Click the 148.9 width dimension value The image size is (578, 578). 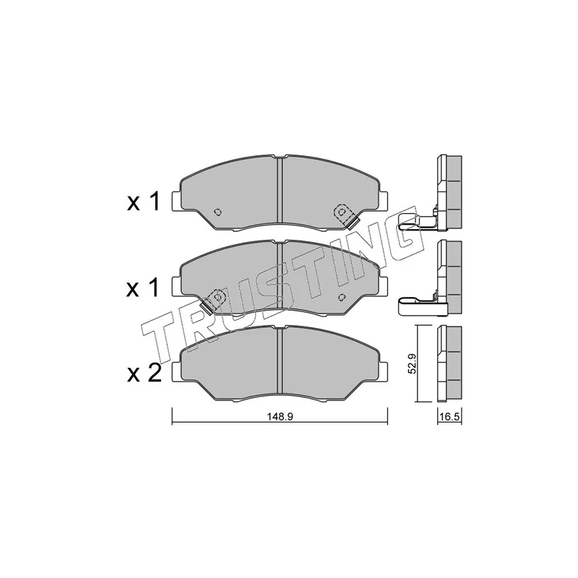[x=280, y=417]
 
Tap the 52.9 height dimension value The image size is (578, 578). [x=412, y=363]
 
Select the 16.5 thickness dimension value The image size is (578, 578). [x=449, y=417]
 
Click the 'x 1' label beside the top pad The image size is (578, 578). [x=143, y=202]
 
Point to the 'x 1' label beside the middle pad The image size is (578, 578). [x=143, y=287]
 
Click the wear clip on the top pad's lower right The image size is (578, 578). [x=353, y=223]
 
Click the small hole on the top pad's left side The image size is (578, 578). [x=218, y=212]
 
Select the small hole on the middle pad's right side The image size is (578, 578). [x=342, y=297]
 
